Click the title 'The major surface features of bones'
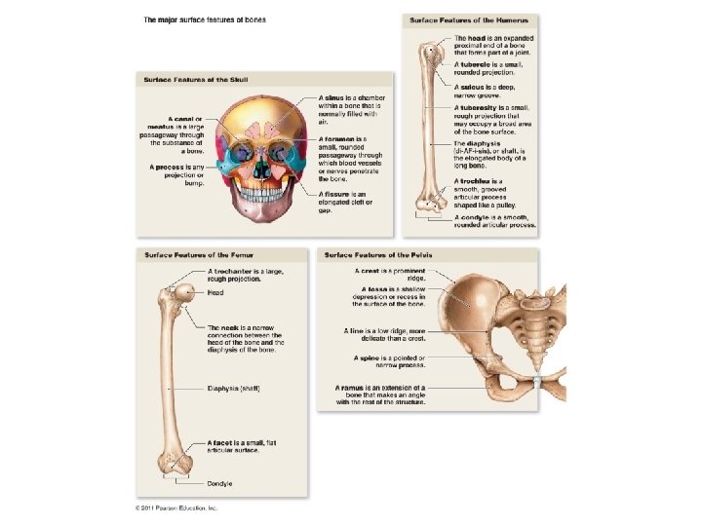click(205, 19)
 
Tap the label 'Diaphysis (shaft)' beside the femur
click(234, 389)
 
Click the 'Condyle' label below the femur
click(219, 483)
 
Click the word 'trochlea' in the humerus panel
click(477, 181)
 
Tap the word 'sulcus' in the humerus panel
click(472, 86)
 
